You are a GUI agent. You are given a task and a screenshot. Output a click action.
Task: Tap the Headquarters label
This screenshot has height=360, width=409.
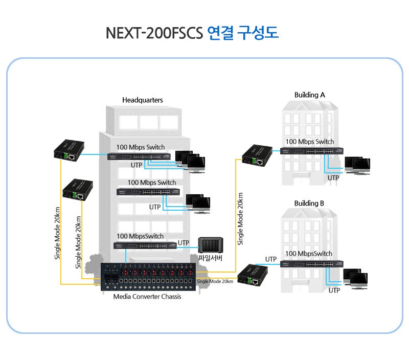(x=142, y=100)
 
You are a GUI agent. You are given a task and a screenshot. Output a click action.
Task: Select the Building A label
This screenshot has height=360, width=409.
(x=309, y=95)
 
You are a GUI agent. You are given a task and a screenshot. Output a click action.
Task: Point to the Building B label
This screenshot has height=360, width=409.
(x=309, y=203)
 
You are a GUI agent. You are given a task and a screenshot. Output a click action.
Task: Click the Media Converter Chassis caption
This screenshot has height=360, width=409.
(x=147, y=297)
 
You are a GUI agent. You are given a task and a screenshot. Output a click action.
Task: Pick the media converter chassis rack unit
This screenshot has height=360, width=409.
(x=148, y=278)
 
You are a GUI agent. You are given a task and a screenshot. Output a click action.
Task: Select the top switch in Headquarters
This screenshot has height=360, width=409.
(x=139, y=155)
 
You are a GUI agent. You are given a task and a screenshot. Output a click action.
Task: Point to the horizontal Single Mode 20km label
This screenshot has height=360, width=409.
(x=215, y=281)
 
